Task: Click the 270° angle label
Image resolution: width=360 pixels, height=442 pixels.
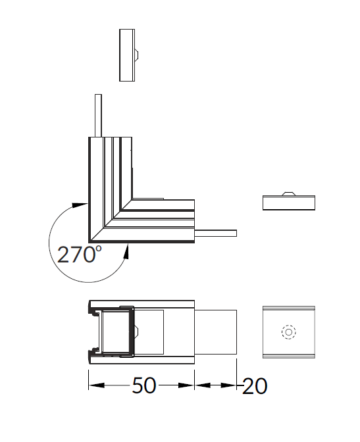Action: pyautogui.click(x=79, y=255)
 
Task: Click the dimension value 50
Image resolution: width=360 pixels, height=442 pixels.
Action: pyautogui.click(x=144, y=385)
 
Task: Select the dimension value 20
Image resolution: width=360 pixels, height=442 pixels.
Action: pyautogui.click(x=255, y=386)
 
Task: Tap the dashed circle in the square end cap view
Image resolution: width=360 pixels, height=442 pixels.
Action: pyautogui.click(x=289, y=332)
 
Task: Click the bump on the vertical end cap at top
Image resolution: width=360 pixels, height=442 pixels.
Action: pyautogui.click(x=136, y=55)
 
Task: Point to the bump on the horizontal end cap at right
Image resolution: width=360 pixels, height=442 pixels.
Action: pyautogui.click(x=289, y=193)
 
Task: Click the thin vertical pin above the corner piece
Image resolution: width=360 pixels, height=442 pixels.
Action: pyautogui.click(x=98, y=116)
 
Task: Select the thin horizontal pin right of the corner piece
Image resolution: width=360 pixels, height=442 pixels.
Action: pyautogui.click(x=216, y=233)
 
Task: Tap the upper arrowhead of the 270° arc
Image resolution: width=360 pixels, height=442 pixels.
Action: pyautogui.click(x=80, y=205)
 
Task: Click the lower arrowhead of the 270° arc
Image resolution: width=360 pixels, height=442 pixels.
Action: pyautogui.click(x=126, y=252)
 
